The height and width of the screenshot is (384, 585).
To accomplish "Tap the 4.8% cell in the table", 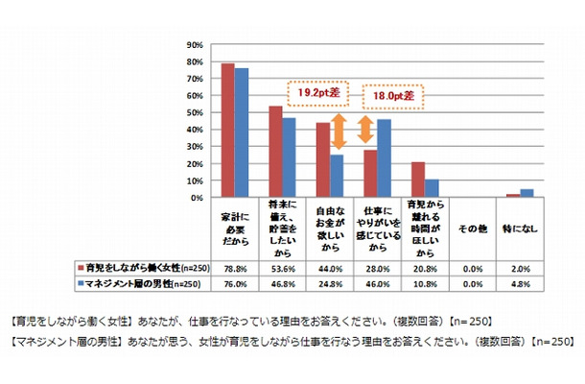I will click(518, 283).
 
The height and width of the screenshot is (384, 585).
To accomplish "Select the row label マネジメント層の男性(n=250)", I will click(138, 283).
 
